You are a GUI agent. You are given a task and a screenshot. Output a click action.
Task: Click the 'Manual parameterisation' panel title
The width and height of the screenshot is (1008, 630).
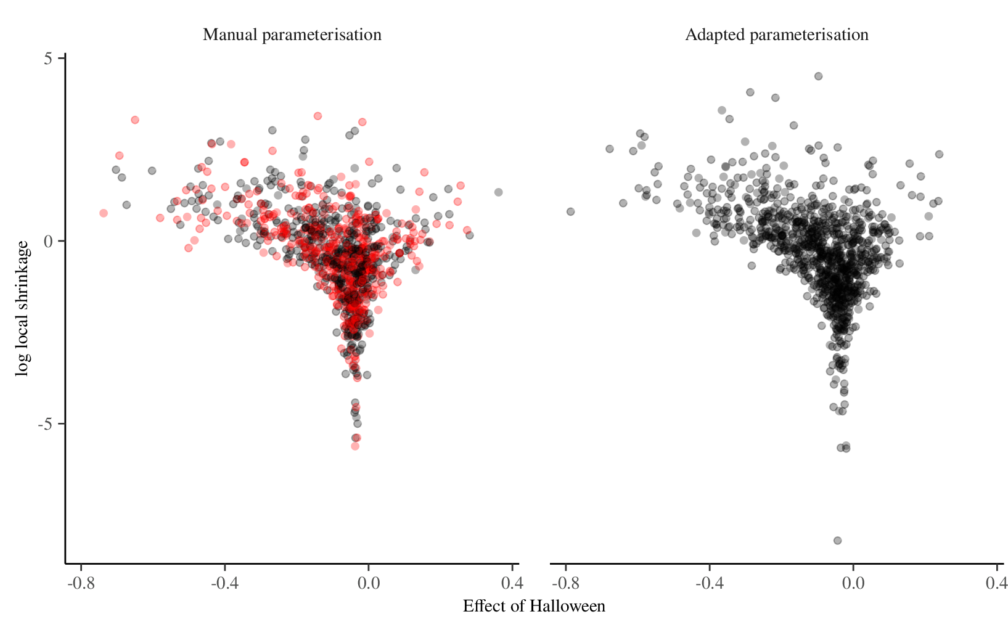pyautogui.click(x=292, y=35)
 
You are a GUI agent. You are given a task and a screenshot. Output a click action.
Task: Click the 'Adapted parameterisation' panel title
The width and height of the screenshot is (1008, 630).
pyautogui.click(x=777, y=35)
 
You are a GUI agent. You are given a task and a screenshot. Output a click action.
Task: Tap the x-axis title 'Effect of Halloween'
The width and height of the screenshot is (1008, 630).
pyautogui.click(x=534, y=606)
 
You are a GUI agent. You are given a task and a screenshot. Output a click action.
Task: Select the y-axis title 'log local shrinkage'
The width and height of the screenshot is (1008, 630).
pyautogui.click(x=23, y=308)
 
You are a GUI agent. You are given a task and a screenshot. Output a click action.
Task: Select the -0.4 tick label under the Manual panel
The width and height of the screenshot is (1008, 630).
pyautogui.click(x=224, y=583)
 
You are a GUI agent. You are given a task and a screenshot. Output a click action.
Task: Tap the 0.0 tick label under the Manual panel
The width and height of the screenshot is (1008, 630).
pyautogui.click(x=368, y=583)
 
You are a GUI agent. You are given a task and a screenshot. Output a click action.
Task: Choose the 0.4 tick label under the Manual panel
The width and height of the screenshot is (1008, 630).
pyautogui.click(x=512, y=583)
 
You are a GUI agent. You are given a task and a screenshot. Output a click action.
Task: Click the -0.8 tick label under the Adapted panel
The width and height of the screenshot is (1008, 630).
pyautogui.click(x=566, y=583)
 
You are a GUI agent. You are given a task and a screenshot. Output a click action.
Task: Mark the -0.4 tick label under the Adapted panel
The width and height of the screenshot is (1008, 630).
pyautogui.click(x=709, y=583)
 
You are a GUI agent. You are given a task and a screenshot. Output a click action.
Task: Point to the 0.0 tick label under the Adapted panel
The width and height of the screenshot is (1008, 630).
pyautogui.click(x=853, y=583)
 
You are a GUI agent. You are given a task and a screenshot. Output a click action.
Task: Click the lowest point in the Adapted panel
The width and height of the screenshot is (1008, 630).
pyautogui.click(x=837, y=541)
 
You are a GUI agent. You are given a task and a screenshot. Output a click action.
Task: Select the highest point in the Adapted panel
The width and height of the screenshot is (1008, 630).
pyautogui.click(x=818, y=76)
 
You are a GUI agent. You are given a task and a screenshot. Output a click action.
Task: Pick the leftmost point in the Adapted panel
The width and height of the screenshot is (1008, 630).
pyautogui.click(x=570, y=212)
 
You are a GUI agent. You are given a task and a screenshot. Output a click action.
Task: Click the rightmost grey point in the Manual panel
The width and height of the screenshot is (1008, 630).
pyautogui.click(x=498, y=192)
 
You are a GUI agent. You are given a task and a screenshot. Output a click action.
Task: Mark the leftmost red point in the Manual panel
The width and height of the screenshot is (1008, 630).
pyautogui.click(x=104, y=213)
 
